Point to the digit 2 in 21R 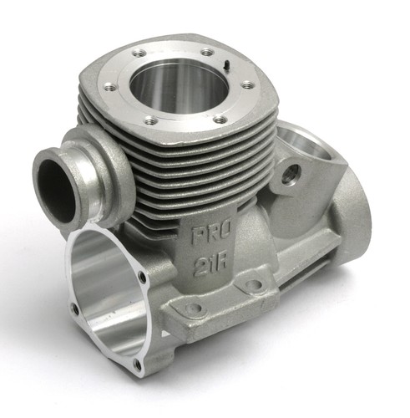point(200,267)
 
